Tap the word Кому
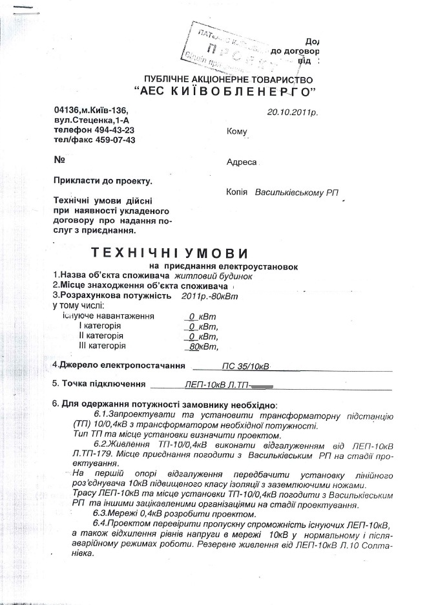[x=237, y=132]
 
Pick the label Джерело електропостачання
[x=118, y=365]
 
